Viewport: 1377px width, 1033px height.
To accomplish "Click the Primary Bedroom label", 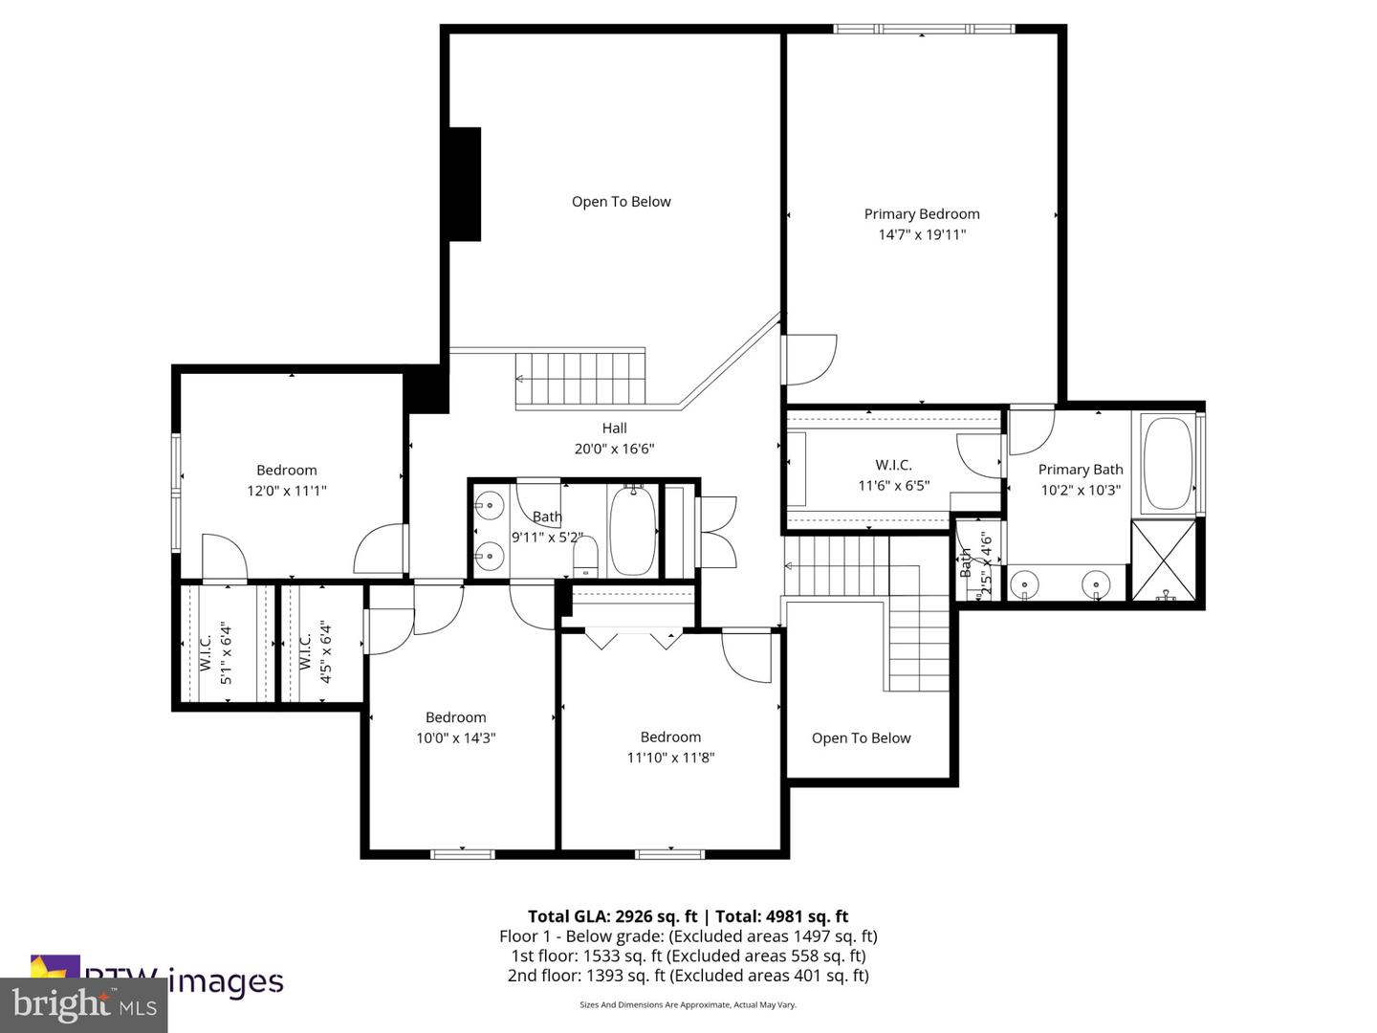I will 922,214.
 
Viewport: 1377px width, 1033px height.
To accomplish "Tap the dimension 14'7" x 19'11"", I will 922,234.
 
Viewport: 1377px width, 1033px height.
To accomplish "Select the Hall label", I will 614,429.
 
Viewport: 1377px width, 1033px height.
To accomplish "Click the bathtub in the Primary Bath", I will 1167,463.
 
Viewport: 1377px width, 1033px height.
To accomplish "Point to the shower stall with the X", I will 1164,560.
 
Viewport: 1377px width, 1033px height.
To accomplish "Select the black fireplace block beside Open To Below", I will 466,184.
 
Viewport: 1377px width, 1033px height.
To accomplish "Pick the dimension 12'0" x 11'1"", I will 287,491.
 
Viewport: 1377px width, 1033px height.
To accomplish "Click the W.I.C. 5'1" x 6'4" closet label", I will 215,652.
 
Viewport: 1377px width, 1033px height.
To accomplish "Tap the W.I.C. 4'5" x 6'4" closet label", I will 315,652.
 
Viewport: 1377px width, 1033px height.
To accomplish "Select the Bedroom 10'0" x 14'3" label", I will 456,717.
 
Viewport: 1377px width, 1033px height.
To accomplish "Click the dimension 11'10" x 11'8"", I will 670,758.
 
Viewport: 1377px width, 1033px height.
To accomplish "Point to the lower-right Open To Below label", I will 861,738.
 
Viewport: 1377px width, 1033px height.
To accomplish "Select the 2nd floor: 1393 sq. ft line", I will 688,976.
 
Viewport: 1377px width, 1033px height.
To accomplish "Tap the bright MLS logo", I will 84,1005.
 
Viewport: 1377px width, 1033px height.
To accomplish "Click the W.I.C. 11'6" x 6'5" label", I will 893,466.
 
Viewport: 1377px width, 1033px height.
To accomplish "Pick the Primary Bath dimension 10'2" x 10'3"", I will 1081,490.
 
